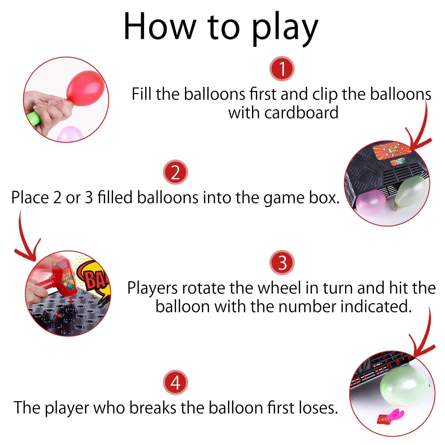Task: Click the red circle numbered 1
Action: [x=282, y=69]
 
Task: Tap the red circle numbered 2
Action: [x=175, y=172]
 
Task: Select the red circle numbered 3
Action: [x=282, y=263]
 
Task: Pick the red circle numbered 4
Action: [x=175, y=382]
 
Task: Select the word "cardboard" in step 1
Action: [x=301, y=113]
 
